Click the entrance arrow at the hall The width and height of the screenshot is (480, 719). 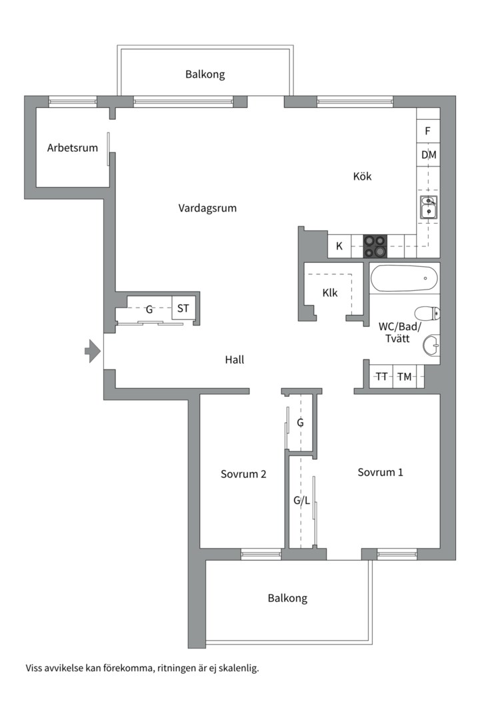tap(91, 351)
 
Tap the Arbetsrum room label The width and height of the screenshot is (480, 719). tap(72, 148)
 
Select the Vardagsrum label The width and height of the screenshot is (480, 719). tap(207, 208)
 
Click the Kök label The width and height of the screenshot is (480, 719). tap(362, 176)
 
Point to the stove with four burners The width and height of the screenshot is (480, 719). tap(374, 246)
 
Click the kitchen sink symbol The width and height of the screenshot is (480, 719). tap(428, 208)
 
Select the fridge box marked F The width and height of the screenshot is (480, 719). tap(428, 131)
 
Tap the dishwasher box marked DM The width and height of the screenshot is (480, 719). tap(429, 155)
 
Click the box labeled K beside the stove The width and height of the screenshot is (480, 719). tap(339, 246)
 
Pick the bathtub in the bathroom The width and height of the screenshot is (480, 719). tap(403, 278)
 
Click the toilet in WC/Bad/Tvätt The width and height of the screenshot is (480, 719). tap(426, 313)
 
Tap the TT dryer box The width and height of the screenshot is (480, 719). tap(381, 377)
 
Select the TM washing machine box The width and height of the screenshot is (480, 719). tap(404, 377)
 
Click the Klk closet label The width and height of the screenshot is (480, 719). tap(329, 292)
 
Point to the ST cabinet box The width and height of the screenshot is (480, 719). tap(183, 308)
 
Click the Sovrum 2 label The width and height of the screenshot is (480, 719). tap(243, 475)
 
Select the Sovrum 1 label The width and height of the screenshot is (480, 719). tap(380, 473)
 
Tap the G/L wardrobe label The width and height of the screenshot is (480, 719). tap(302, 500)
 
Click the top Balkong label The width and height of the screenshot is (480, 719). tap(205, 75)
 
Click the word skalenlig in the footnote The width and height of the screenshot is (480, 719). tap(237, 667)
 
